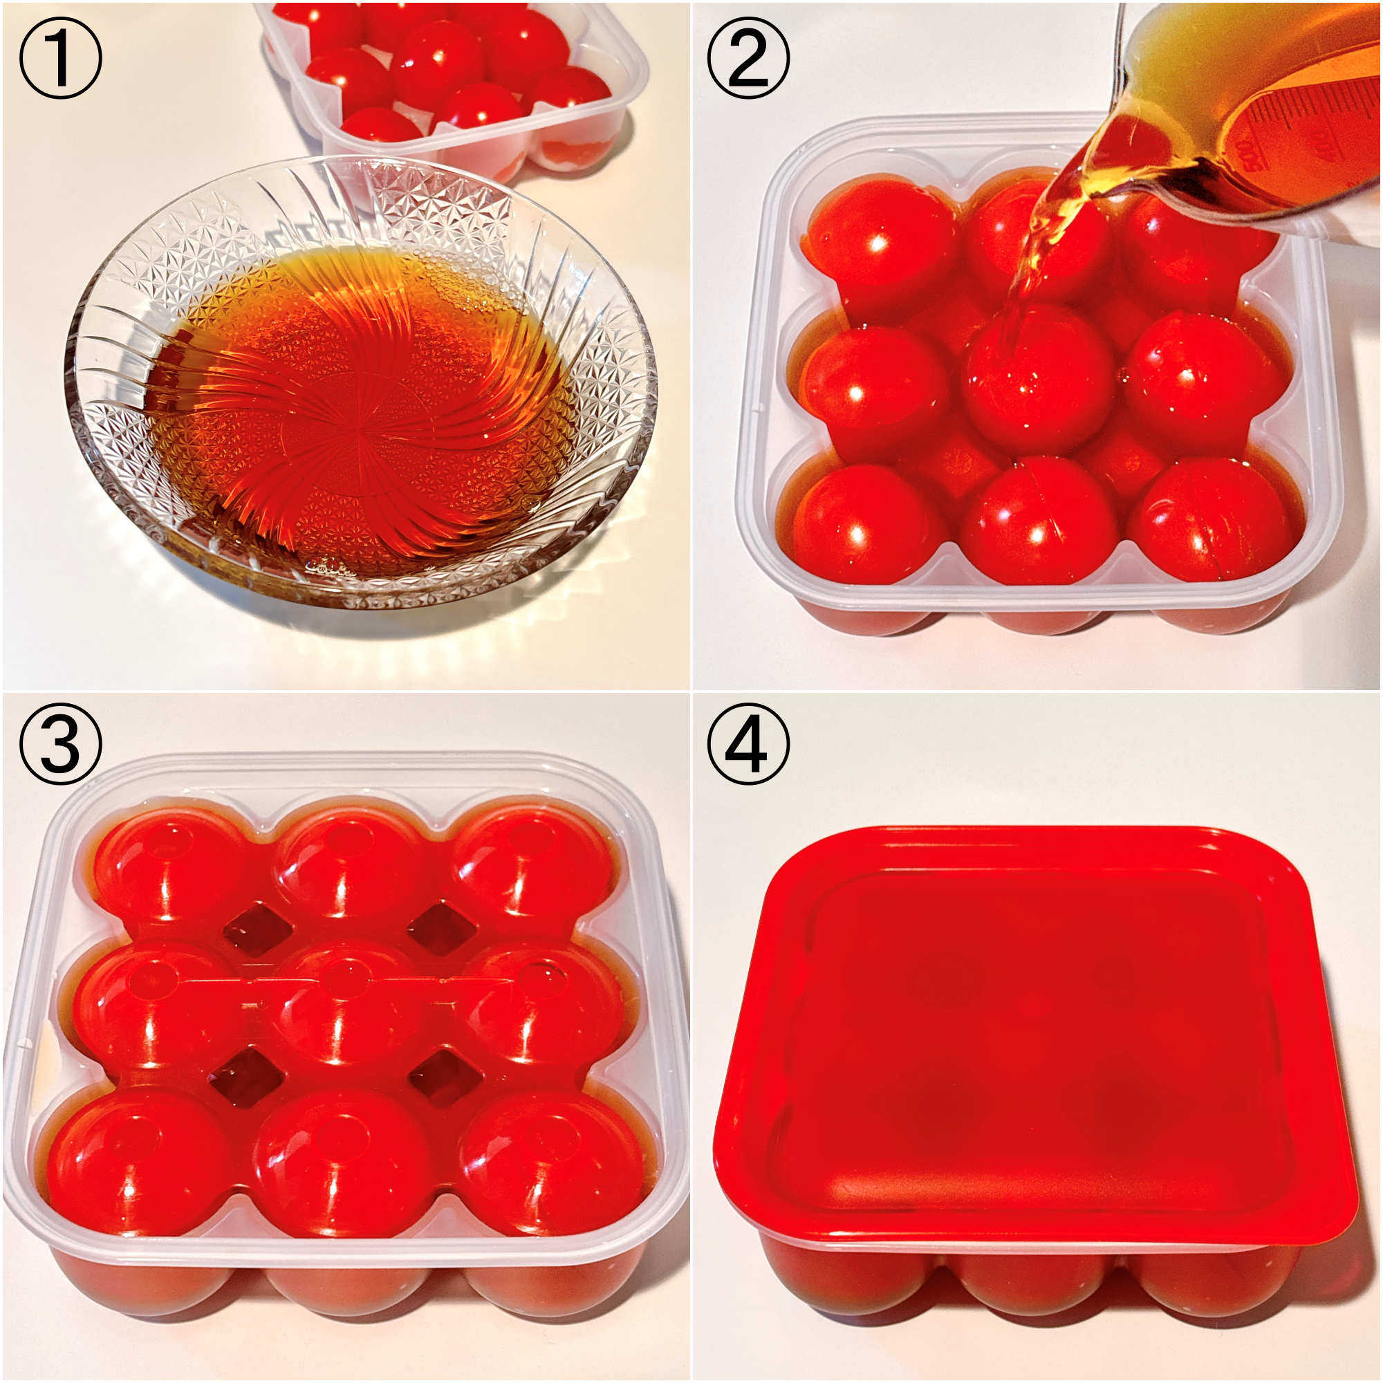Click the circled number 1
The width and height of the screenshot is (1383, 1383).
60,58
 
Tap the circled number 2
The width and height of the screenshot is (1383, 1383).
748,58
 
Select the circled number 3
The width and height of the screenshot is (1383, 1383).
60,745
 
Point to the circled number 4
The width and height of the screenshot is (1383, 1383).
748,745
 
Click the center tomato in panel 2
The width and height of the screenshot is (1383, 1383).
1038,380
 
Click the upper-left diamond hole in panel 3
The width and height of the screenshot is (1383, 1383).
259,928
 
